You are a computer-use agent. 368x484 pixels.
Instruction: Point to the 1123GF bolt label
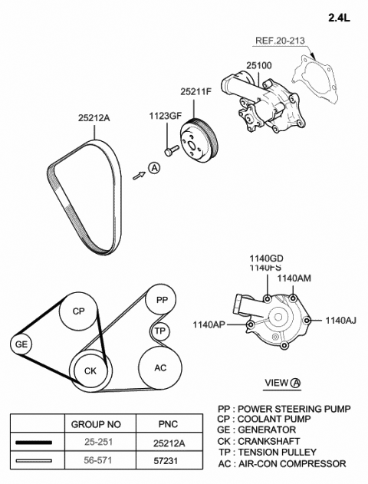tap(165, 116)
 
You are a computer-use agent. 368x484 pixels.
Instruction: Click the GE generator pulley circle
tap(21, 344)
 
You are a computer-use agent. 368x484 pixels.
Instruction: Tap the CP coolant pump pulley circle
tap(78, 311)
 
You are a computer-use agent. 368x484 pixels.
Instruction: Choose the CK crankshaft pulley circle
tap(90, 371)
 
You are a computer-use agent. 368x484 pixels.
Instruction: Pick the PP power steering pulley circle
tap(161, 299)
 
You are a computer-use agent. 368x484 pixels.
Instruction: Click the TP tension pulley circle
tap(159, 331)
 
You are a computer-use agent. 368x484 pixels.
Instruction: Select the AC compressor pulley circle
tap(160, 368)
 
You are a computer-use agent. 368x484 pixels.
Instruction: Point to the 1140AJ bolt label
tap(340, 321)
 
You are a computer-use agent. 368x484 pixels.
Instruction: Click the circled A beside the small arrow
tap(154, 168)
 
